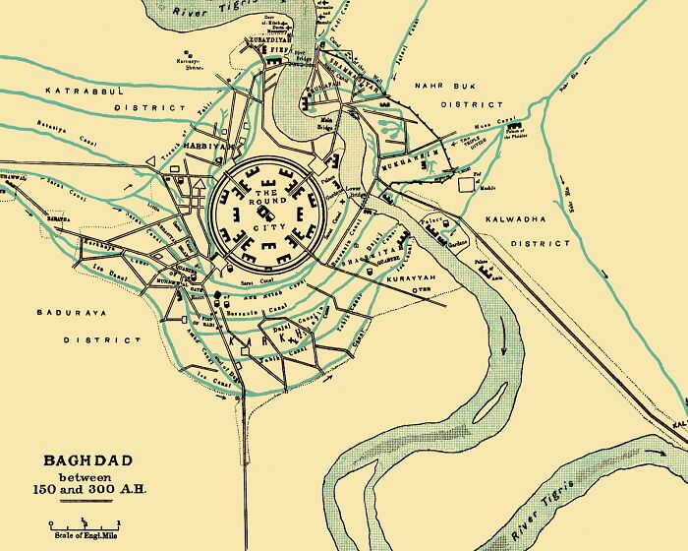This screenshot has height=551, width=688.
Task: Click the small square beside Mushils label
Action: point(464,183)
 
